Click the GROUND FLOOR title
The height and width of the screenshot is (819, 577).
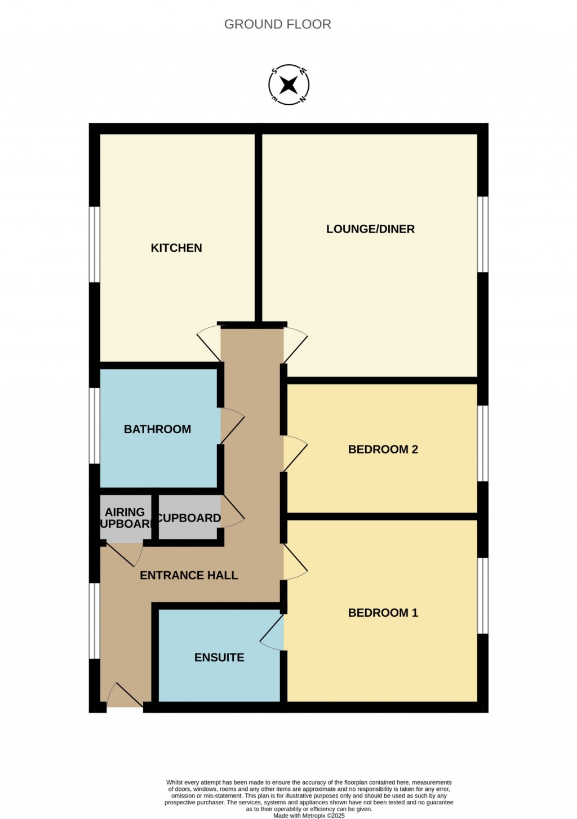pyautogui.click(x=277, y=24)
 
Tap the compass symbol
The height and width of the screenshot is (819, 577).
pyautogui.click(x=288, y=85)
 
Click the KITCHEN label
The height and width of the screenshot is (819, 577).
pyautogui.click(x=176, y=248)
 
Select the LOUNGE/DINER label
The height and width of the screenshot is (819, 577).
pyautogui.click(x=370, y=229)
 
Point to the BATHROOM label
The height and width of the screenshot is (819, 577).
pyautogui.click(x=157, y=429)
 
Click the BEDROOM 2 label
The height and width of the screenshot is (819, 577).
pyautogui.click(x=383, y=449)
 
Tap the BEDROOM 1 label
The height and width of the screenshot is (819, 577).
pyautogui.click(x=383, y=613)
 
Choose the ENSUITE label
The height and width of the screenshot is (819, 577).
pyautogui.click(x=219, y=657)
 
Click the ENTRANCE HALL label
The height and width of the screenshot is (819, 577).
pyautogui.click(x=189, y=575)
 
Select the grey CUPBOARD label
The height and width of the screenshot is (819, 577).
pyautogui.click(x=189, y=518)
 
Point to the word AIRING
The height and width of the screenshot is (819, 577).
pyautogui.click(x=125, y=512)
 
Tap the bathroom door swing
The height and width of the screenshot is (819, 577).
pyautogui.click(x=232, y=426)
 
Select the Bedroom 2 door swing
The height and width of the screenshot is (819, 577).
pyautogui.click(x=294, y=453)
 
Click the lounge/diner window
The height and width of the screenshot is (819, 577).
pyautogui.click(x=483, y=234)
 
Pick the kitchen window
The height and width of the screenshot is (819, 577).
pyautogui.click(x=95, y=244)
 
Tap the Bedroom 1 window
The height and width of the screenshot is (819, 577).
pyautogui.click(x=483, y=595)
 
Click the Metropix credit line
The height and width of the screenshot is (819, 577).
pyautogui.click(x=309, y=815)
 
